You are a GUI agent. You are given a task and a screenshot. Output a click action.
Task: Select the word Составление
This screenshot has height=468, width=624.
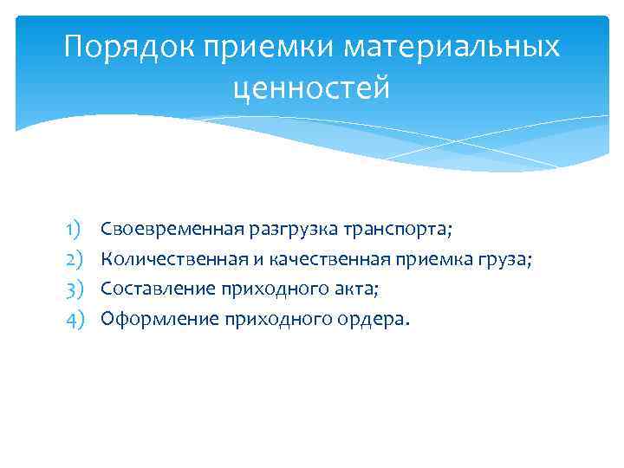[155, 289]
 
